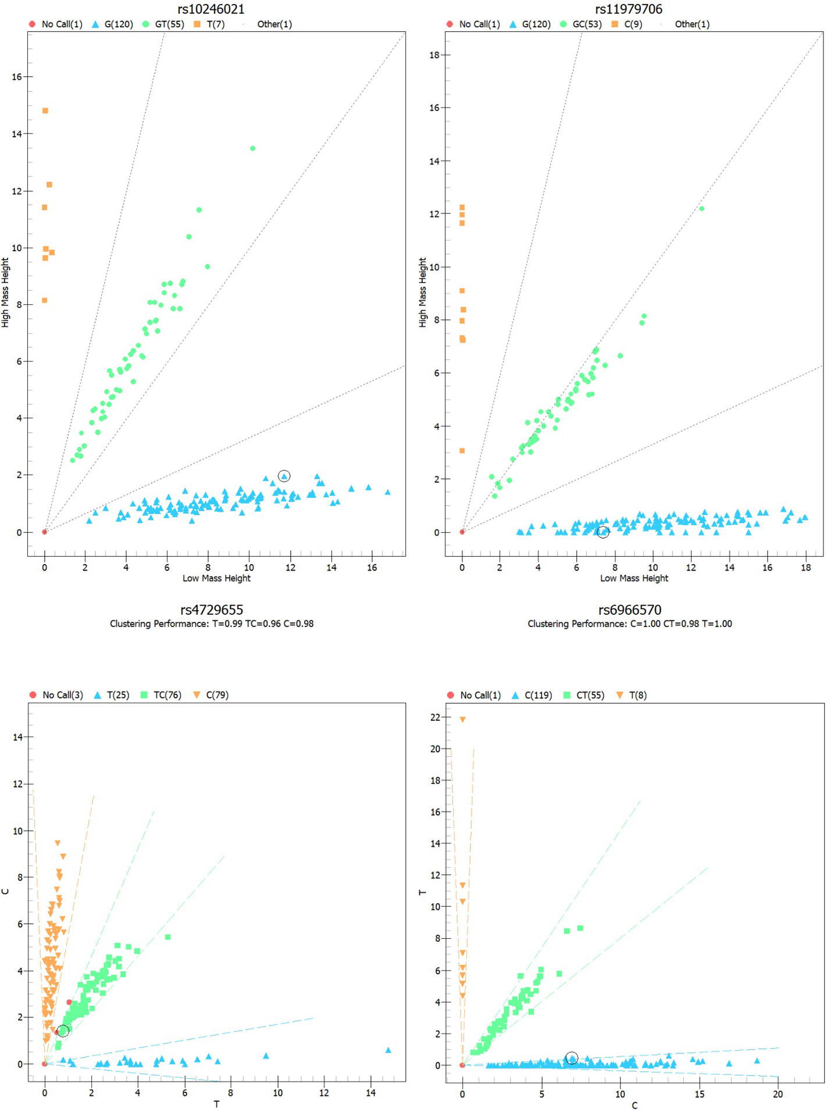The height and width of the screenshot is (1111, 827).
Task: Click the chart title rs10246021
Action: click(211, 9)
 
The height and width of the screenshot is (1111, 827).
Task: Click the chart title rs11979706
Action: click(629, 9)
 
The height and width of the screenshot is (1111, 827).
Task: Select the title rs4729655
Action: click(212, 610)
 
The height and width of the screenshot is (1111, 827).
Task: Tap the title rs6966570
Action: click(630, 610)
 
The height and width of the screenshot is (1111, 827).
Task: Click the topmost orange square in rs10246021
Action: click(45, 111)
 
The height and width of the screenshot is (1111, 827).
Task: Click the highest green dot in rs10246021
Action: click(252, 148)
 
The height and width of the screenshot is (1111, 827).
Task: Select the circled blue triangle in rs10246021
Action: click(284, 476)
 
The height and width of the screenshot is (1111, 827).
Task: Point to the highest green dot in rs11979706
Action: click(701, 209)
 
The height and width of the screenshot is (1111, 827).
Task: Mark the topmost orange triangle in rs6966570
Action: click(463, 720)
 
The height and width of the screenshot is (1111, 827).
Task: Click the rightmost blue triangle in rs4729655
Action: click(388, 1050)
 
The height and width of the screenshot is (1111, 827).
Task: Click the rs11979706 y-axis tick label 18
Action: click(434, 55)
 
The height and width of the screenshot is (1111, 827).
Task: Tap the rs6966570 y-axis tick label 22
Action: click(435, 717)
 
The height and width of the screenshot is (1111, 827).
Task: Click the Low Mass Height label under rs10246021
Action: click(216, 578)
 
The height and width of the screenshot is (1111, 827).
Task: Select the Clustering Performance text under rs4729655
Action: click(212, 624)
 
